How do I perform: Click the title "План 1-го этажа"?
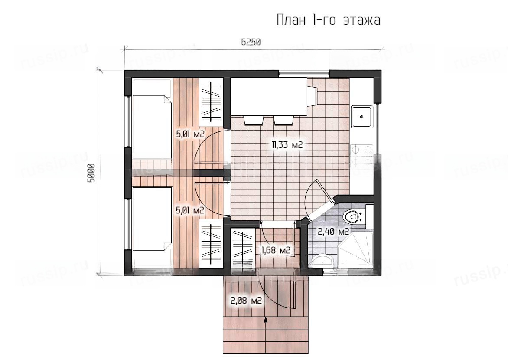click(x=329, y=20)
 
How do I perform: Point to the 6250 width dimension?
click(x=251, y=42)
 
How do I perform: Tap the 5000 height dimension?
click(x=91, y=173)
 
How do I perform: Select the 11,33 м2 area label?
click(x=287, y=144)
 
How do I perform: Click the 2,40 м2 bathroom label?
click(x=333, y=232)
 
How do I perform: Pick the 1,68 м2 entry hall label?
click(x=275, y=250)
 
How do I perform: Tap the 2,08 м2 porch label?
click(x=246, y=301)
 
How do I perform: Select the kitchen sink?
click(x=362, y=116)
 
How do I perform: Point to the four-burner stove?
click(x=362, y=155)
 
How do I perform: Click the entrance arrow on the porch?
click(x=266, y=320)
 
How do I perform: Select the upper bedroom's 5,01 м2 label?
click(x=190, y=134)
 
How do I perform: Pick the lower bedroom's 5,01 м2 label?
click(x=190, y=210)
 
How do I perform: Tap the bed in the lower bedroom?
click(x=152, y=219)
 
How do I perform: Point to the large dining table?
click(x=269, y=96)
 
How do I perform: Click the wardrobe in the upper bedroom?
click(x=211, y=102)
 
